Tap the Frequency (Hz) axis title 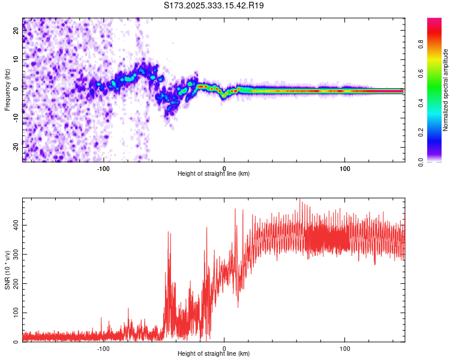tap(7, 90)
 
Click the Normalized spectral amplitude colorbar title tap(446, 90)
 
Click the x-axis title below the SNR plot tap(214, 354)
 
